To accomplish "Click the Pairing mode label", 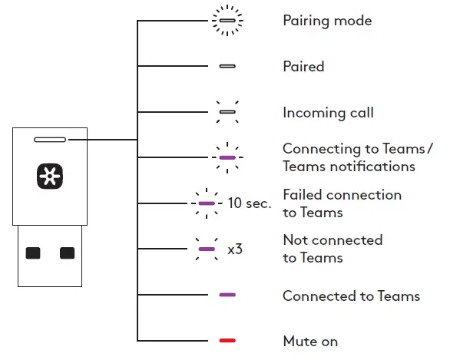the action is coord(327,21).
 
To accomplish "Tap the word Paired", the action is coord(303,66).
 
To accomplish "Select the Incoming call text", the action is coord(329,112).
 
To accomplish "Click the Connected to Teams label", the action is coord(351,296).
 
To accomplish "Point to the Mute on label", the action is coord(310,342).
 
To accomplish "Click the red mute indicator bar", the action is coord(227,341).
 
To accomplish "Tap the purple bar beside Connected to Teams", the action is coord(227,295).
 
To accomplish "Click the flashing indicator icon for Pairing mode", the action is coord(227,21).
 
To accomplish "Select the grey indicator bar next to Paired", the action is coord(227,66).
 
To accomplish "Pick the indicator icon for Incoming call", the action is coord(227,112).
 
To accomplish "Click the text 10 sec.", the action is coord(250,203).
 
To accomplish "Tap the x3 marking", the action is coord(235,249).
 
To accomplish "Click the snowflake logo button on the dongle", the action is coord(50,176).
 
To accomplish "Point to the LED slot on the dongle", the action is coord(50,140).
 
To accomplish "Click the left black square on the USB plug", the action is coord(33,253).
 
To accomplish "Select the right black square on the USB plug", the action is coord(67,253).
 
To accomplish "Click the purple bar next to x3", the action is coord(207,249).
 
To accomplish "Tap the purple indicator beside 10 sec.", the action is coord(207,203).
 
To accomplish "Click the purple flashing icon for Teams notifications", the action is coord(227,157).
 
